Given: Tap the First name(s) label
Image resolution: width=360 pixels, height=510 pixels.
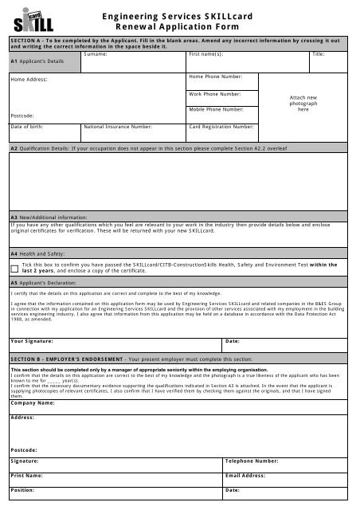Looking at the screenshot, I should (205, 54).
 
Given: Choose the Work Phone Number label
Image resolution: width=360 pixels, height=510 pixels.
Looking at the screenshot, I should (216, 93).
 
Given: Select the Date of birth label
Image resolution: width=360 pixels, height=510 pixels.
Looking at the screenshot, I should (28, 126).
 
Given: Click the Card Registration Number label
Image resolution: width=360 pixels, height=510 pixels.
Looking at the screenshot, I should (221, 126).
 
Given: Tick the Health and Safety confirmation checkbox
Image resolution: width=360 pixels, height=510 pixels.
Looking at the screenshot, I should (14, 269).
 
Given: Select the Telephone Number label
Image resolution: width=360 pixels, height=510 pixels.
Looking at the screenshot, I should (252, 461).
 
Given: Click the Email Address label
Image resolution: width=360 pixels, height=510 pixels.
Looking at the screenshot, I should (245, 475).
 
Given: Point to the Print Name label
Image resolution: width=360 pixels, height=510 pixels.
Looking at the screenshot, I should (27, 475).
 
